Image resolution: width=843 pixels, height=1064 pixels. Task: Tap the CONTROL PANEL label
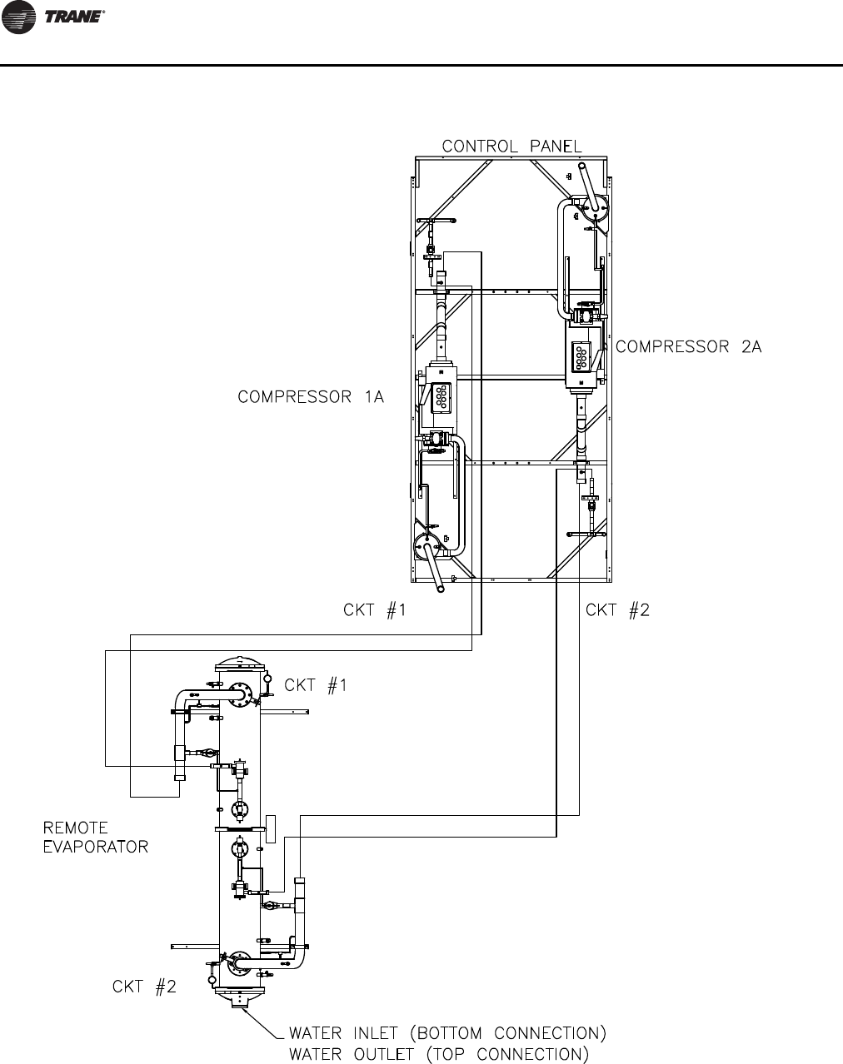pyautogui.click(x=511, y=147)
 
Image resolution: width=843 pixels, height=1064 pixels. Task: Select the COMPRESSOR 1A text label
pyautogui.click(x=311, y=397)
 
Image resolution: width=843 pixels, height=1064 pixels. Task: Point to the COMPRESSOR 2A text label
pyautogui.click(x=689, y=347)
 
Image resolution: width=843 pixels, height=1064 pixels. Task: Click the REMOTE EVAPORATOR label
pyautogui.click(x=95, y=838)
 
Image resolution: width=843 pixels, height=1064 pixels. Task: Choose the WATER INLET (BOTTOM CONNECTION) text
pyautogui.click(x=446, y=1034)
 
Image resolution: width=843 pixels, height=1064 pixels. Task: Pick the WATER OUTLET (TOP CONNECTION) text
pyautogui.click(x=438, y=1054)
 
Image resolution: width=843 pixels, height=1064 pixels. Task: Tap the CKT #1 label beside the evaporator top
pyautogui.click(x=316, y=685)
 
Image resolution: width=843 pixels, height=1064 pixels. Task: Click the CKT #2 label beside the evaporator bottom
pyautogui.click(x=144, y=987)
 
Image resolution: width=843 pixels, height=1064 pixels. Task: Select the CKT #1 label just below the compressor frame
pyautogui.click(x=375, y=610)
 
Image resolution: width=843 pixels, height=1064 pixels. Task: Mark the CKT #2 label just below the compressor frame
pyautogui.click(x=617, y=610)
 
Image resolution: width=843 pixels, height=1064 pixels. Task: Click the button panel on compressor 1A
pyautogui.click(x=438, y=397)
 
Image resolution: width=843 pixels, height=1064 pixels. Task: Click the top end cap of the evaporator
pyautogui.click(x=239, y=664)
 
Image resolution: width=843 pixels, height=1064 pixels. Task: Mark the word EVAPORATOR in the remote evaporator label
pyautogui.click(x=95, y=847)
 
